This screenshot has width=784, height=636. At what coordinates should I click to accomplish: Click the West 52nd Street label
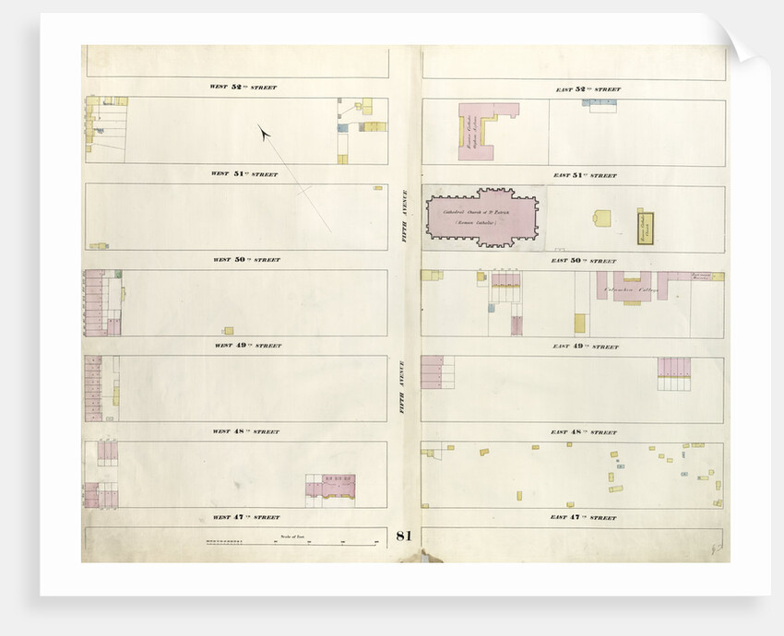click(244, 88)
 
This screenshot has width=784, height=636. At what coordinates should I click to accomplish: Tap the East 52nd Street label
click(587, 89)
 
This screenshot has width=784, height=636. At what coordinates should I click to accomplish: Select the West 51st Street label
click(244, 173)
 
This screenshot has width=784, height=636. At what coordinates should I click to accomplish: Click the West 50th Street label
click(245, 260)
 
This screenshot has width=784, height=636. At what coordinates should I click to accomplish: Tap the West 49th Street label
click(245, 346)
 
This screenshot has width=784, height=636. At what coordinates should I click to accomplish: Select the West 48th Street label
click(245, 431)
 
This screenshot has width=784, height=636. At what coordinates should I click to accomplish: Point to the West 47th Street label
click(245, 517)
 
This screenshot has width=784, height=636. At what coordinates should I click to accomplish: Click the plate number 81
click(403, 536)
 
